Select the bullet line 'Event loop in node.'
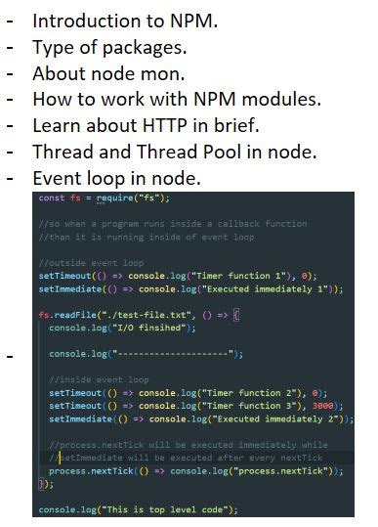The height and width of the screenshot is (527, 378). [x=116, y=178]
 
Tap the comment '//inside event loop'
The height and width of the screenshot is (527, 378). [x=98, y=379]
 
